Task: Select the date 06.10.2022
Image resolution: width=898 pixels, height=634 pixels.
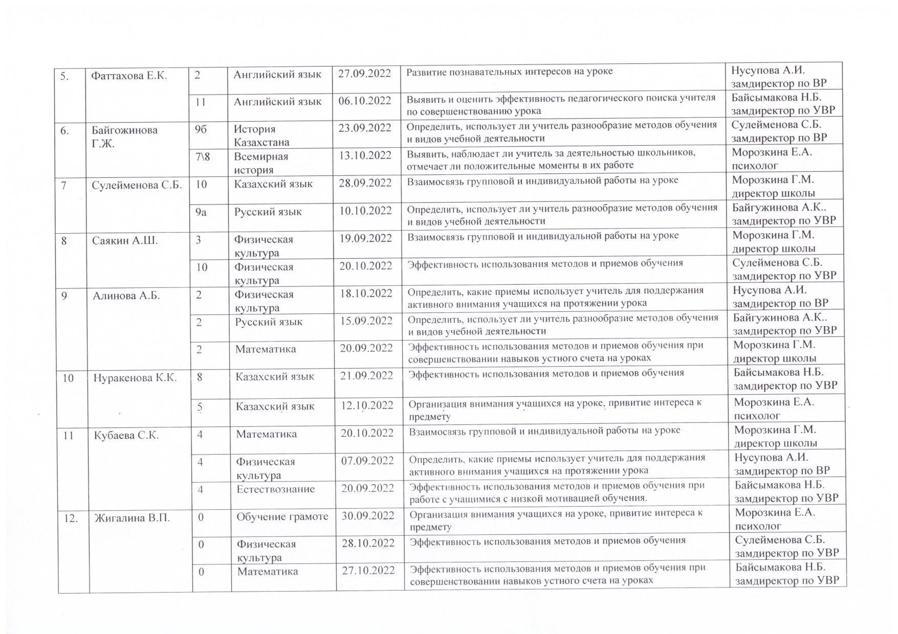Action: (364, 101)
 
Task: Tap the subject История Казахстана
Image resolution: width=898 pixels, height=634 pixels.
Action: (261, 135)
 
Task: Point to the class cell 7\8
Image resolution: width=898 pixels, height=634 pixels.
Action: (203, 156)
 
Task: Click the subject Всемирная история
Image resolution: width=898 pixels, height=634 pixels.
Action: (261, 163)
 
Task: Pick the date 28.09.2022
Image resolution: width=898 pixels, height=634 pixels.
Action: (365, 183)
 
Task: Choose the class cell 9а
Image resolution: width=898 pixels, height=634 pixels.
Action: (201, 212)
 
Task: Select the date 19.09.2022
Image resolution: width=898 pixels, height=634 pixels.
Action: (365, 238)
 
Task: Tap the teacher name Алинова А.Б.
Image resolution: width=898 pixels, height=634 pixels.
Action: (126, 296)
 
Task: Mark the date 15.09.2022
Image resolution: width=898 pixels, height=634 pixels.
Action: (366, 321)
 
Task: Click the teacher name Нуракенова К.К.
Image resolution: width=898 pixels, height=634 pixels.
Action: (135, 378)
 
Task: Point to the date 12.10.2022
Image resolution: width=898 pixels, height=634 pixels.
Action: (367, 405)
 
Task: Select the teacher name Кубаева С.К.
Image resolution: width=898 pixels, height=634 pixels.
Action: (126, 435)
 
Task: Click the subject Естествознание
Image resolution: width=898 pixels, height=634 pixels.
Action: (275, 489)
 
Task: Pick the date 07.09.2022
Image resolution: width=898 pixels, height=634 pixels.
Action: (367, 461)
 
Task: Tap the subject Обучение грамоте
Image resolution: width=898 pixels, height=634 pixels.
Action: (282, 516)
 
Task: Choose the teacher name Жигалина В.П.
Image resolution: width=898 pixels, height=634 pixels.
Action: (132, 518)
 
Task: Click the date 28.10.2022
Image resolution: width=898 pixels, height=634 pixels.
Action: (368, 543)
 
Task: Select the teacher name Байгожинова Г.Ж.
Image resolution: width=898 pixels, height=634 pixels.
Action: (124, 137)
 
